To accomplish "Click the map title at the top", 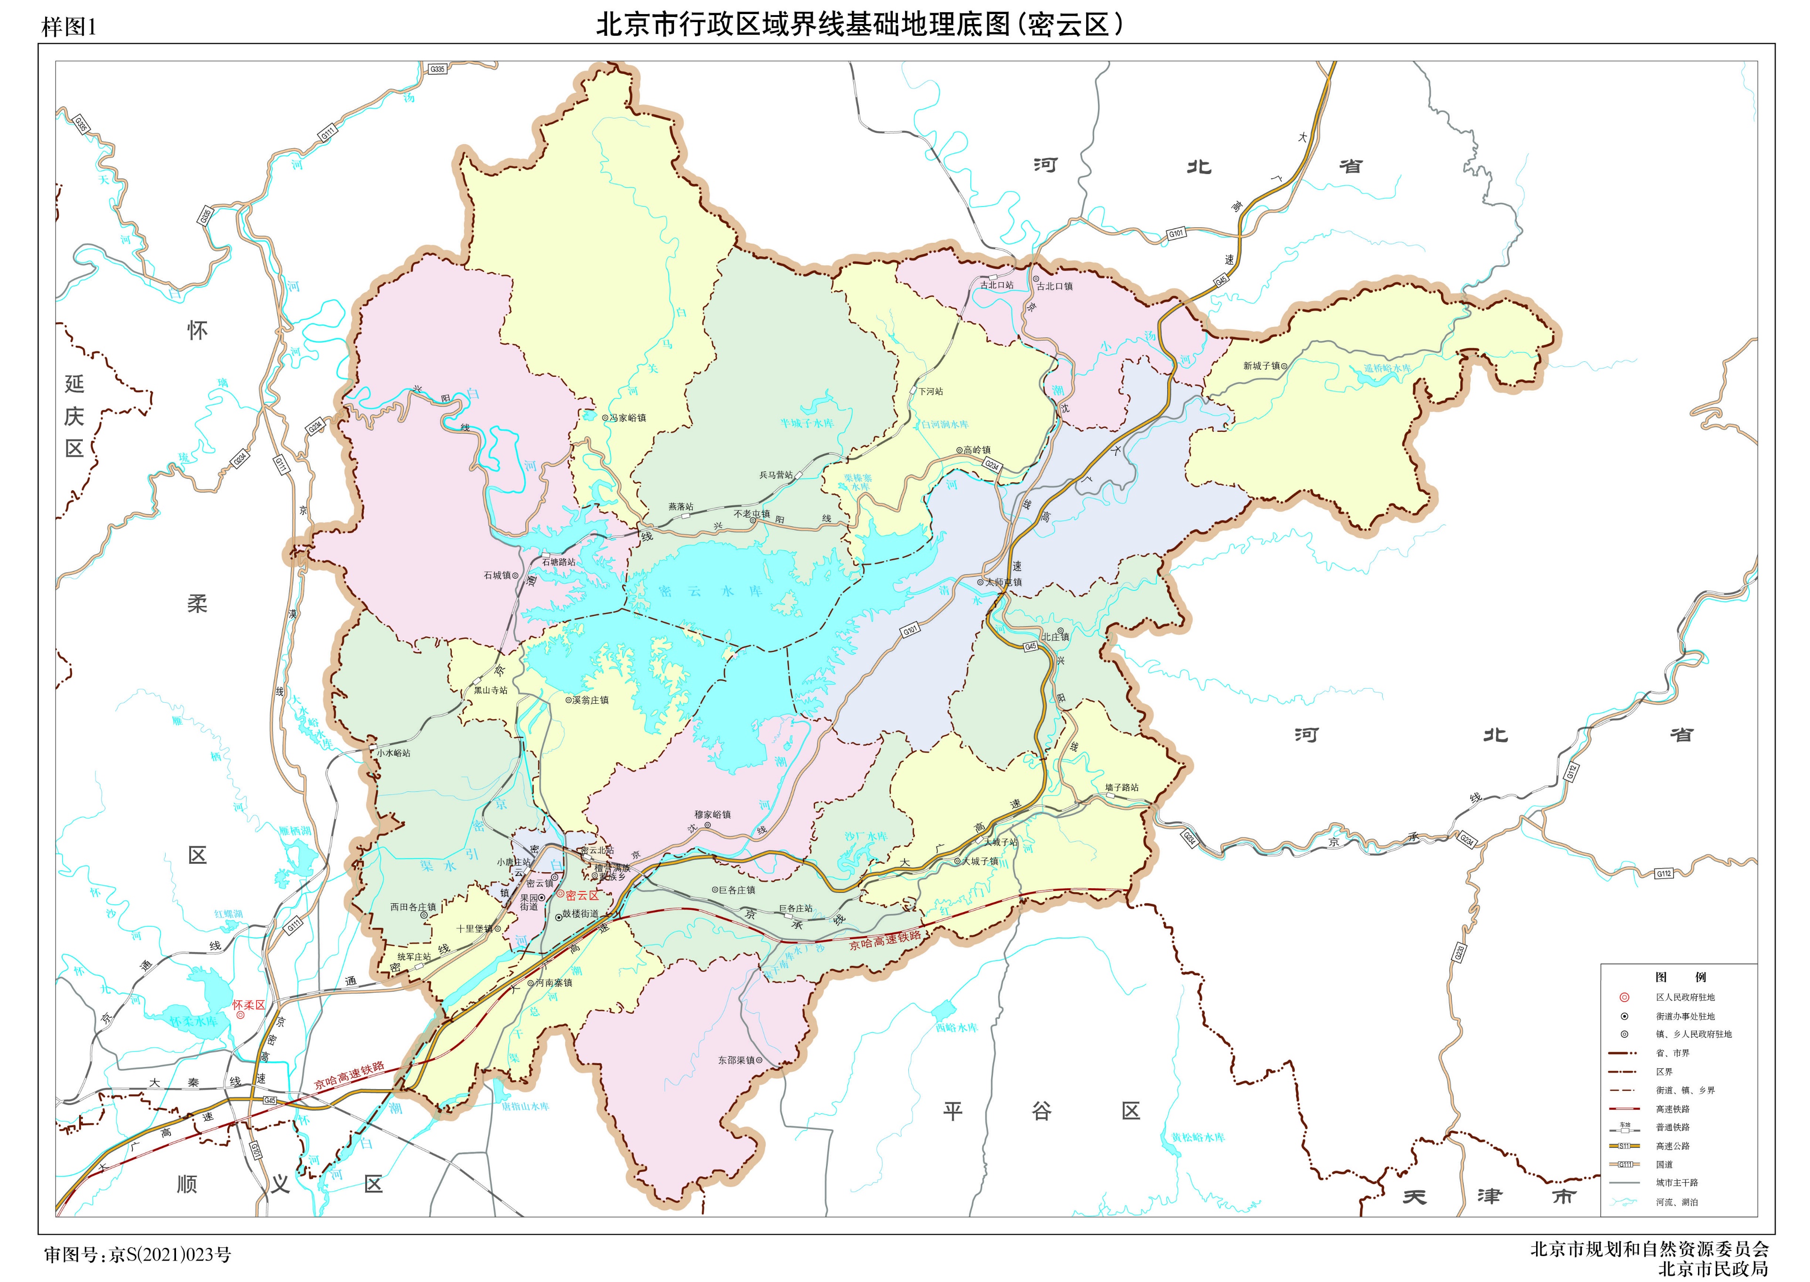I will [860, 25].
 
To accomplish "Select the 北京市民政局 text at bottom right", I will [1713, 1268].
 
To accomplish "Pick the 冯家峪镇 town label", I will [628, 418].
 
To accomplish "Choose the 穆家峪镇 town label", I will [713, 815].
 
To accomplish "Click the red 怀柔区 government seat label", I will [249, 1005].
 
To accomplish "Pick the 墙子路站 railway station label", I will [1121, 788].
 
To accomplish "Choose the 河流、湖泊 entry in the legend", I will [1676, 1202].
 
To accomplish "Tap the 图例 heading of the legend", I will [1679, 977].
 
